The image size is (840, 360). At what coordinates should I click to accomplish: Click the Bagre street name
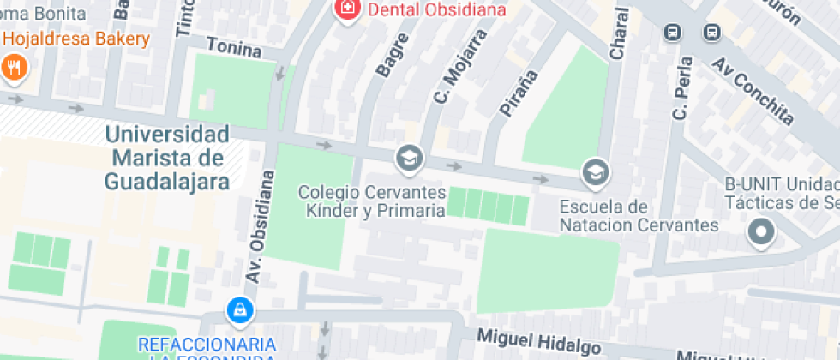tap(387, 58)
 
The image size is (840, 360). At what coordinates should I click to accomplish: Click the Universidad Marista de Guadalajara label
tap(167, 158)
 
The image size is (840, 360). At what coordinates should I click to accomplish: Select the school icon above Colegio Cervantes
tap(409, 158)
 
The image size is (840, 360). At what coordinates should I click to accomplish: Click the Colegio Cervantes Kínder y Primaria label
tap(371, 201)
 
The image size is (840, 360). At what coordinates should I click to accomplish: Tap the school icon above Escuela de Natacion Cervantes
tap(593, 173)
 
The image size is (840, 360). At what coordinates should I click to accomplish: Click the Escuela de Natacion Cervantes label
tap(639, 216)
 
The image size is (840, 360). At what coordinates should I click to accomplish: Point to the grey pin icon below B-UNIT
tap(760, 231)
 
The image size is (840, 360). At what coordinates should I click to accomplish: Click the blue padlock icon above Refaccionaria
tap(239, 309)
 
